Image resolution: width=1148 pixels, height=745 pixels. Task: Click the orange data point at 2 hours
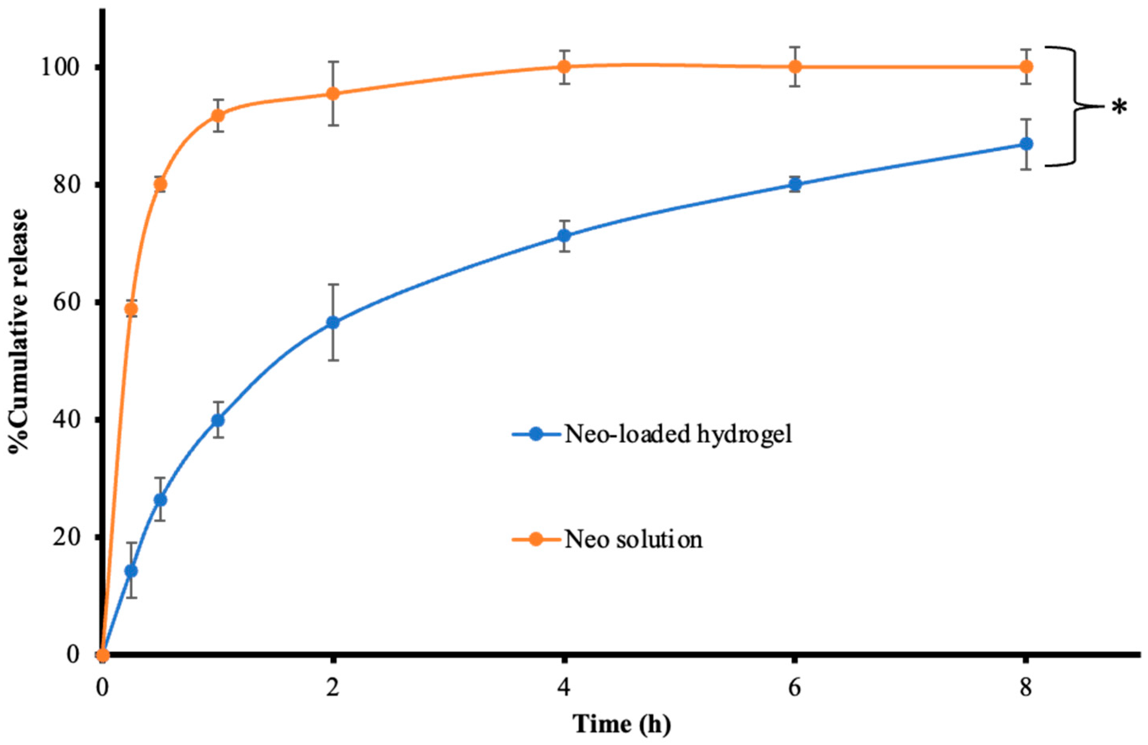click(333, 93)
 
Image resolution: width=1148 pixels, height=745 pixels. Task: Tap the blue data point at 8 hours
click(1026, 144)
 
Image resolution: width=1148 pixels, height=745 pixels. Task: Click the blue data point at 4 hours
click(564, 235)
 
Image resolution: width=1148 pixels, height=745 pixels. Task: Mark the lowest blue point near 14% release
click(131, 571)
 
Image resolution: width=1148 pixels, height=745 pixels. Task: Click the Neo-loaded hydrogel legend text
click(678, 434)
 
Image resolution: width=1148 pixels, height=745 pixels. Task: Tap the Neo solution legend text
click(633, 539)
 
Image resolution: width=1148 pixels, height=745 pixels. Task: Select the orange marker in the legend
click(535, 539)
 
